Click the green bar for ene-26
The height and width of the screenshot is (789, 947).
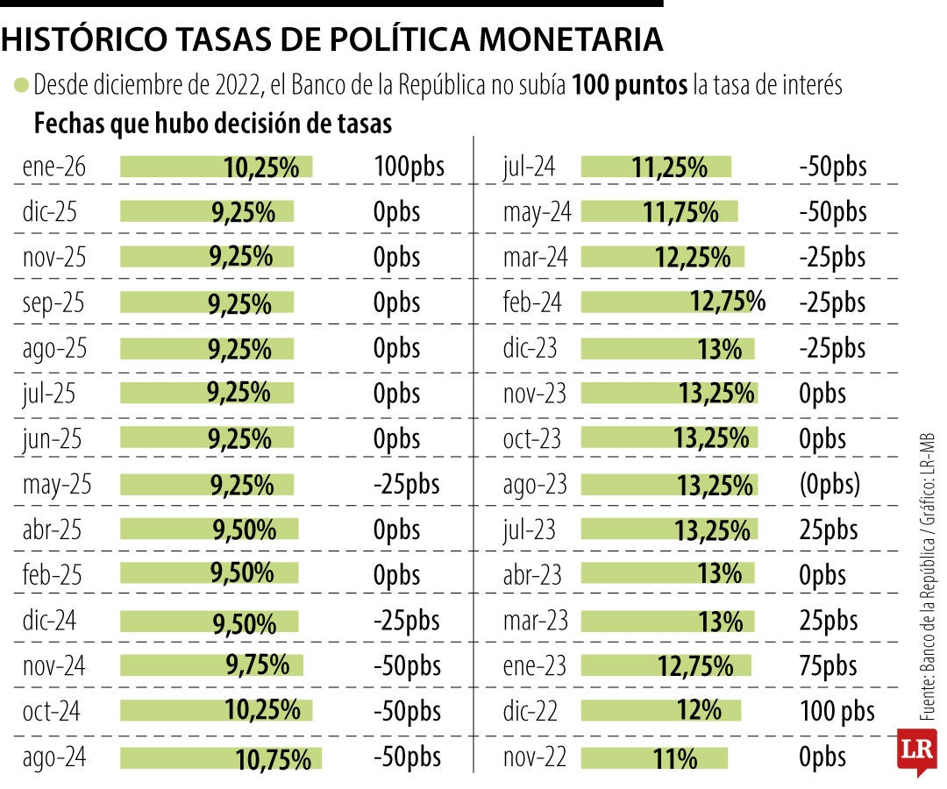coord(216,167)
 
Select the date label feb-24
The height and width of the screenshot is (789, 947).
coord(532,302)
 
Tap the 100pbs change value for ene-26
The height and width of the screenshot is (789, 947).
coord(409,167)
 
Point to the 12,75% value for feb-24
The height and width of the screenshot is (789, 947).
coord(727,302)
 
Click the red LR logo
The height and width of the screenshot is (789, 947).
coord(917,751)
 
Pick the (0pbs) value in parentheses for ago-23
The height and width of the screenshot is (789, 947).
coord(830,484)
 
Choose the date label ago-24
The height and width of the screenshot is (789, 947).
coord(54,757)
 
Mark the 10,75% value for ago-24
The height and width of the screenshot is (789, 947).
coord(274,758)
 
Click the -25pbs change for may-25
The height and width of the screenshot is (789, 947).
coord(406,484)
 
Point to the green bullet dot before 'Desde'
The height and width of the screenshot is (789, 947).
coord(21,86)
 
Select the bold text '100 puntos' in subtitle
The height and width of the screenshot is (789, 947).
coord(630,86)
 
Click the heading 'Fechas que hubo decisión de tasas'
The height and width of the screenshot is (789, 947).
coord(212,124)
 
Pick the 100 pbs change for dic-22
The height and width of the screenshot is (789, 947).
coord(837,711)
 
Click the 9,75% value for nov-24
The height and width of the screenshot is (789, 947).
coord(257,666)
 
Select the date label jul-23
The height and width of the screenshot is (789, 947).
coord(531,530)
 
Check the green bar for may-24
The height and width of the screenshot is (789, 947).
coord(659,212)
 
